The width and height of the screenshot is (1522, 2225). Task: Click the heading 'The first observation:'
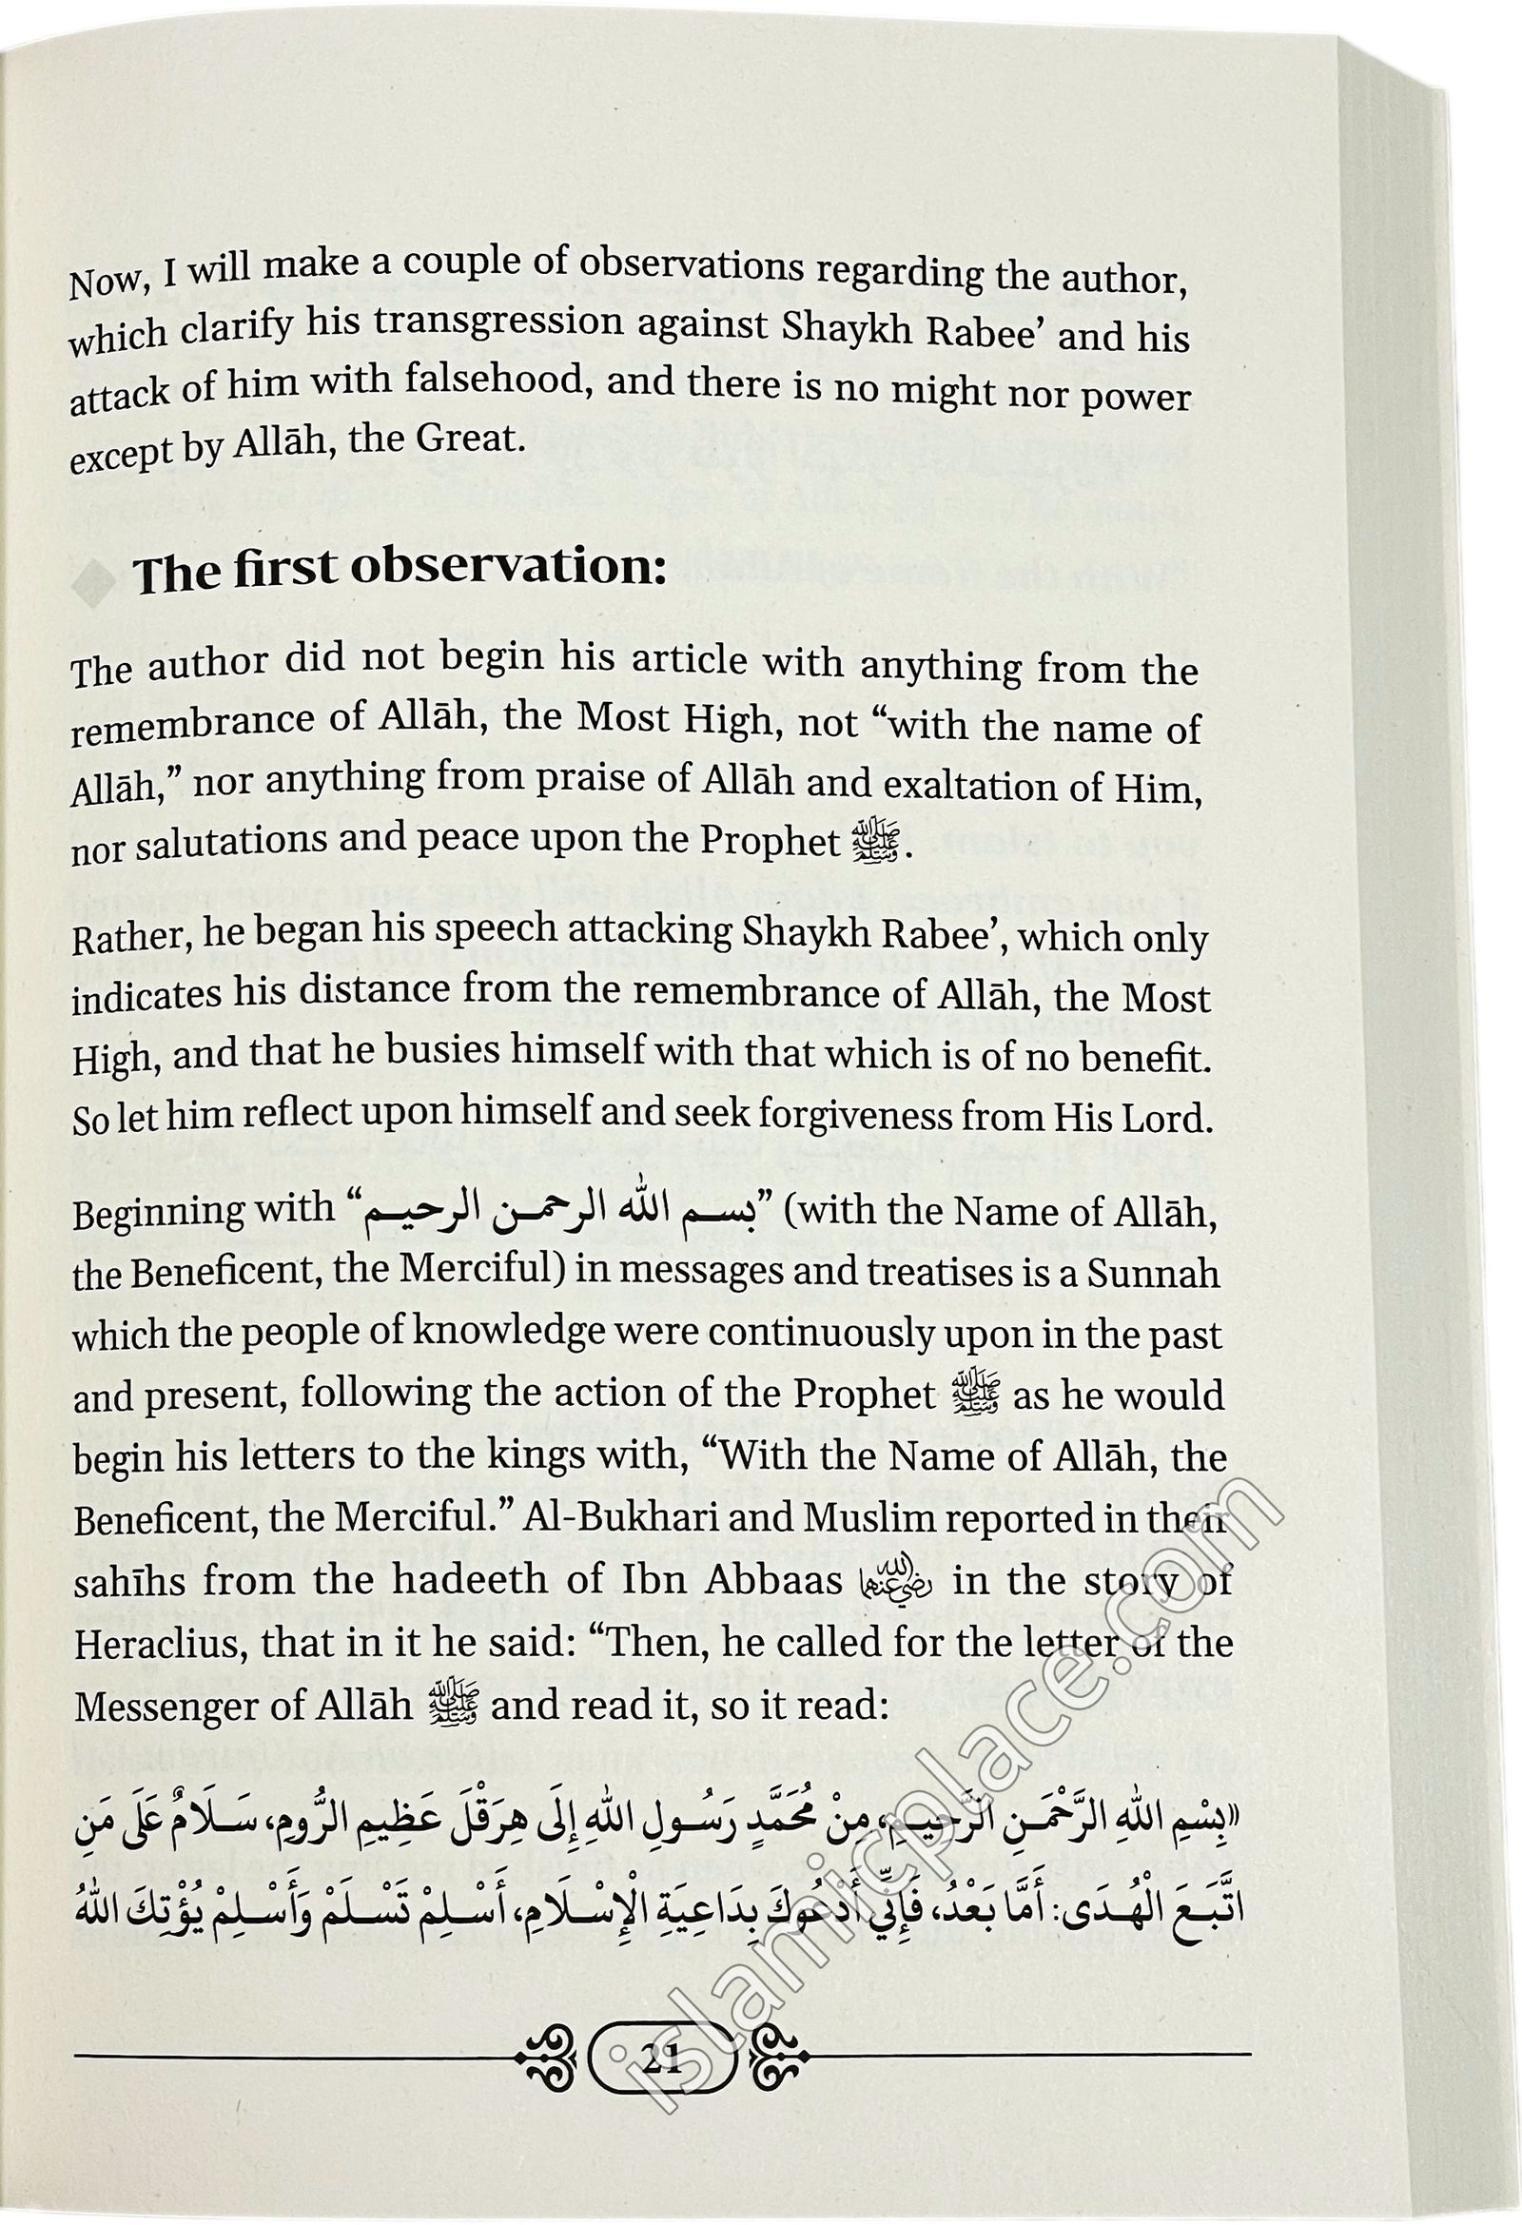point(400,571)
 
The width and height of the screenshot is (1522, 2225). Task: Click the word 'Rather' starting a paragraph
point(119,940)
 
